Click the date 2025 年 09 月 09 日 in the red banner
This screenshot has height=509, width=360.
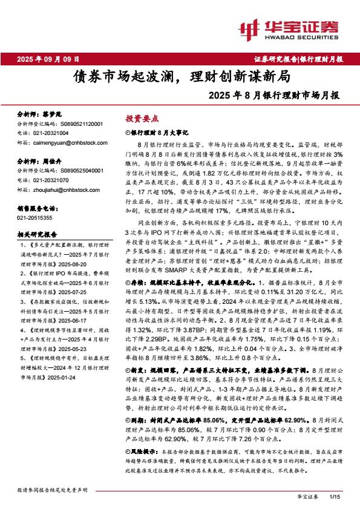click(48, 59)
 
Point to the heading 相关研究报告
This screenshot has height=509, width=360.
click(37, 234)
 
